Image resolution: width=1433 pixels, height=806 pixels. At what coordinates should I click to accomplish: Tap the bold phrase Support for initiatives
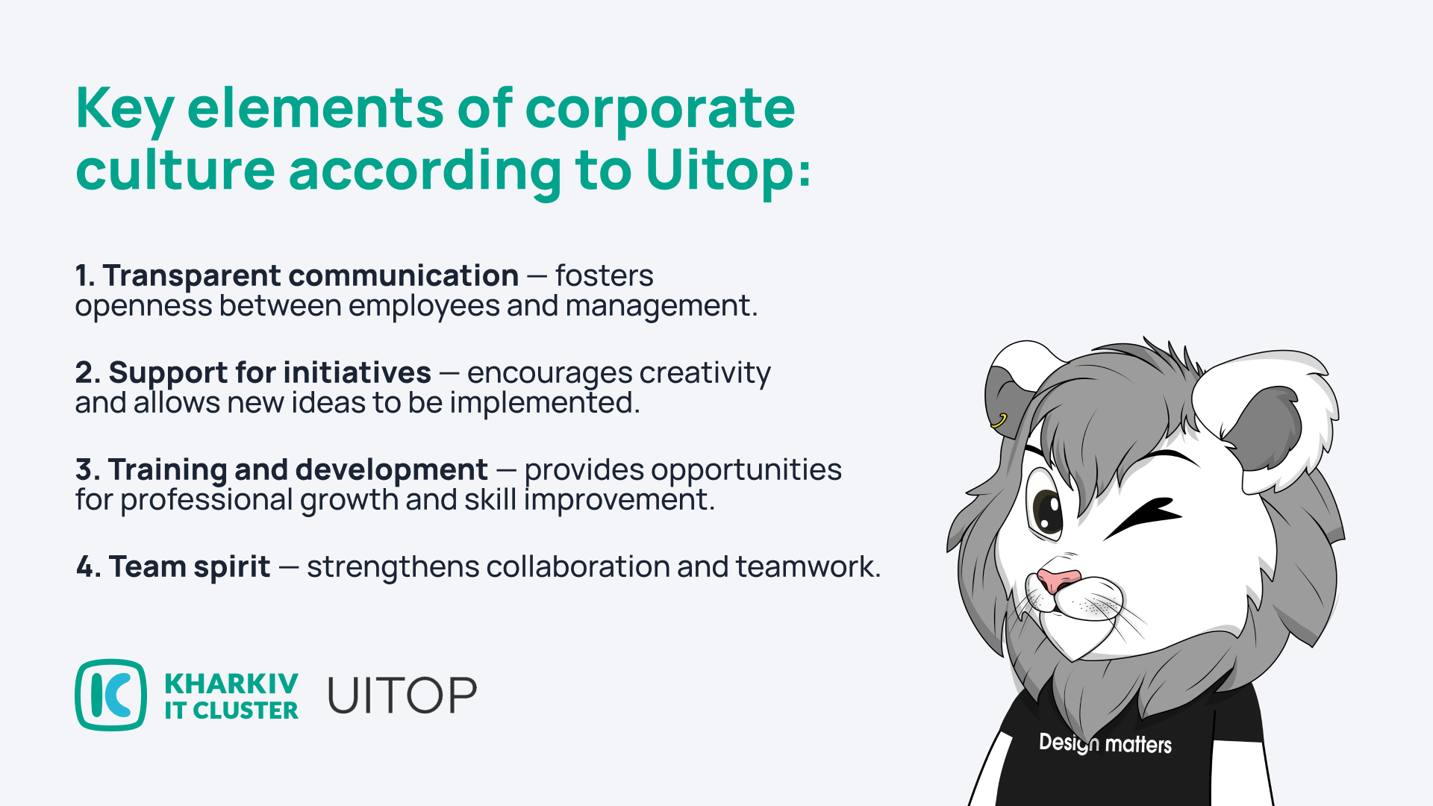pyautogui.click(x=269, y=373)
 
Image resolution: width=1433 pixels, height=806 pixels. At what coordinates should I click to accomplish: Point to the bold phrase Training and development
pyautogui.click(x=298, y=470)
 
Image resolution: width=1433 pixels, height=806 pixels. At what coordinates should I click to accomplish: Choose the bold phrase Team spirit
pyautogui.click(x=190, y=567)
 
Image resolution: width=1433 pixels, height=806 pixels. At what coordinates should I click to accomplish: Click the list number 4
pyautogui.click(x=88, y=567)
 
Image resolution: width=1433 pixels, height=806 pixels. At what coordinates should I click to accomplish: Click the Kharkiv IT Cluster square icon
pyautogui.click(x=111, y=695)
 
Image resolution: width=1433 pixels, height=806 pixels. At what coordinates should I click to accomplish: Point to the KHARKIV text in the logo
pyautogui.click(x=231, y=684)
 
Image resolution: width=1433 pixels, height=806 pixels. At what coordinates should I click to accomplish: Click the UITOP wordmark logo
pyautogui.click(x=402, y=696)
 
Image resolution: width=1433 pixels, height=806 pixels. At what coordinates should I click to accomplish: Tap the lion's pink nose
pyautogui.click(x=1059, y=580)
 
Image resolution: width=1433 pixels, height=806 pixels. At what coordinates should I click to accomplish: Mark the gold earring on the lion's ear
pyautogui.click(x=999, y=421)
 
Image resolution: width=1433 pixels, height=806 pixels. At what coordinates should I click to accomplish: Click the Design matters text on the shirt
pyautogui.click(x=1105, y=743)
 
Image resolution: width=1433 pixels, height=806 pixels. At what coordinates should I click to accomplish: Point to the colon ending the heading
pyautogui.click(x=804, y=172)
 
